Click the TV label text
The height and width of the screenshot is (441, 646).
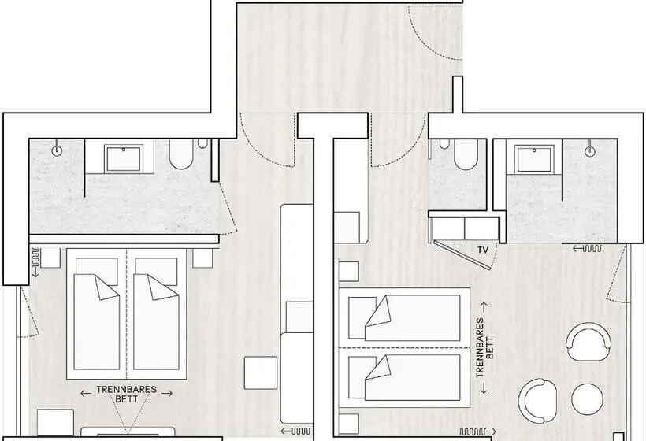[483, 250]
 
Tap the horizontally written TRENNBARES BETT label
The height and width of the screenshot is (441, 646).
[127, 394]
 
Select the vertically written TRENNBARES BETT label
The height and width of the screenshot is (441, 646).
[484, 348]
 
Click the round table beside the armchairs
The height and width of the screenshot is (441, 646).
[587, 399]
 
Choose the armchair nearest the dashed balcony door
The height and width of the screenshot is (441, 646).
[588, 337]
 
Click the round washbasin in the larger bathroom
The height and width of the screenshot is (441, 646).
[57, 150]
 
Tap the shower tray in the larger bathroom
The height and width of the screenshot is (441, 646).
[124, 157]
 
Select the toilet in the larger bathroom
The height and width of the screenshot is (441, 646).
[181, 154]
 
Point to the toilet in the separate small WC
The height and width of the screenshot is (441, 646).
[466, 154]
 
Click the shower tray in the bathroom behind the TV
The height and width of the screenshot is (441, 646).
[534, 159]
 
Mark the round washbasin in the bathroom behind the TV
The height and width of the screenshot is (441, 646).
[590, 151]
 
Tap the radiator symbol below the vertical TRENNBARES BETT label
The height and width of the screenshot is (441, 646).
[477, 432]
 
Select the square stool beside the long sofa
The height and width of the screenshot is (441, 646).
[261, 372]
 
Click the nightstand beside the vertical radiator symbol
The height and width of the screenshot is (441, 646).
[50, 258]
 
